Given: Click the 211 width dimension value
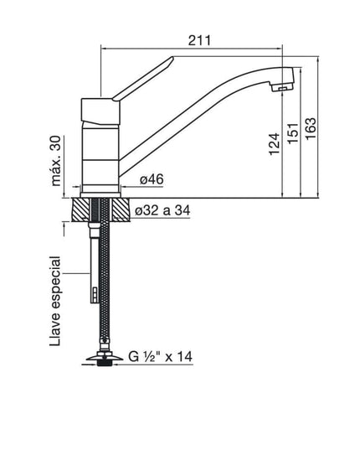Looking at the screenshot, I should coord(199,39).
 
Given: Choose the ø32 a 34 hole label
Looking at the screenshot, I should coord(163,211).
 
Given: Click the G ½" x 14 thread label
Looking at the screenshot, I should coord(161,357).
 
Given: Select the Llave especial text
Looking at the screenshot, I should coord(56,301).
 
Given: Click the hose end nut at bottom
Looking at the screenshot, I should coord(103,361).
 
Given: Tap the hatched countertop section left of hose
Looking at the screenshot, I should coord(84,210).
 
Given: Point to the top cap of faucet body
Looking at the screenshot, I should coord(100,107).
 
